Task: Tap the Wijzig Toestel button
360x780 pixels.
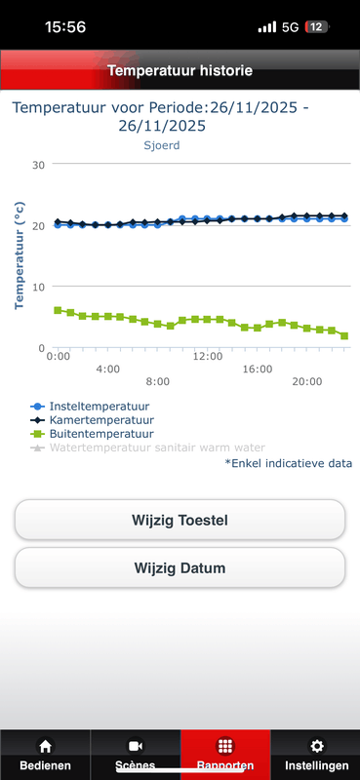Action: click(x=180, y=520)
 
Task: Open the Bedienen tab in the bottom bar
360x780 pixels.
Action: click(x=45, y=756)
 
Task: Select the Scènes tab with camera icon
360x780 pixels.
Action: click(x=135, y=756)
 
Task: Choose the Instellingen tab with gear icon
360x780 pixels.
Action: click(x=315, y=756)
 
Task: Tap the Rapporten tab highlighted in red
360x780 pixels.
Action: click(x=225, y=756)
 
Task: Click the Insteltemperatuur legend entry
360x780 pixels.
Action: click(x=95, y=406)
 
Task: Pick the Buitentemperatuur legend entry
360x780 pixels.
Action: click(x=96, y=433)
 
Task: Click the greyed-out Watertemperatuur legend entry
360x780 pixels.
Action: click(x=146, y=448)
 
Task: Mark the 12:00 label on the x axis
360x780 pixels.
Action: click(x=208, y=357)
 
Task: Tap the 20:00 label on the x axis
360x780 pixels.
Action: click(x=307, y=381)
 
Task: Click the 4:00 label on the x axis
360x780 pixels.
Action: click(x=107, y=370)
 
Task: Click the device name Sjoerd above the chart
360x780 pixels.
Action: click(x=162, y=145)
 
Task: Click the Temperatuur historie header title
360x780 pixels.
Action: click(x=180, y=70)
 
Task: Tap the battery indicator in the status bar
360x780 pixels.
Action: click(x=317, y=27)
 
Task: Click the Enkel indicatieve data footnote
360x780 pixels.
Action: click(x=289, y=463)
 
